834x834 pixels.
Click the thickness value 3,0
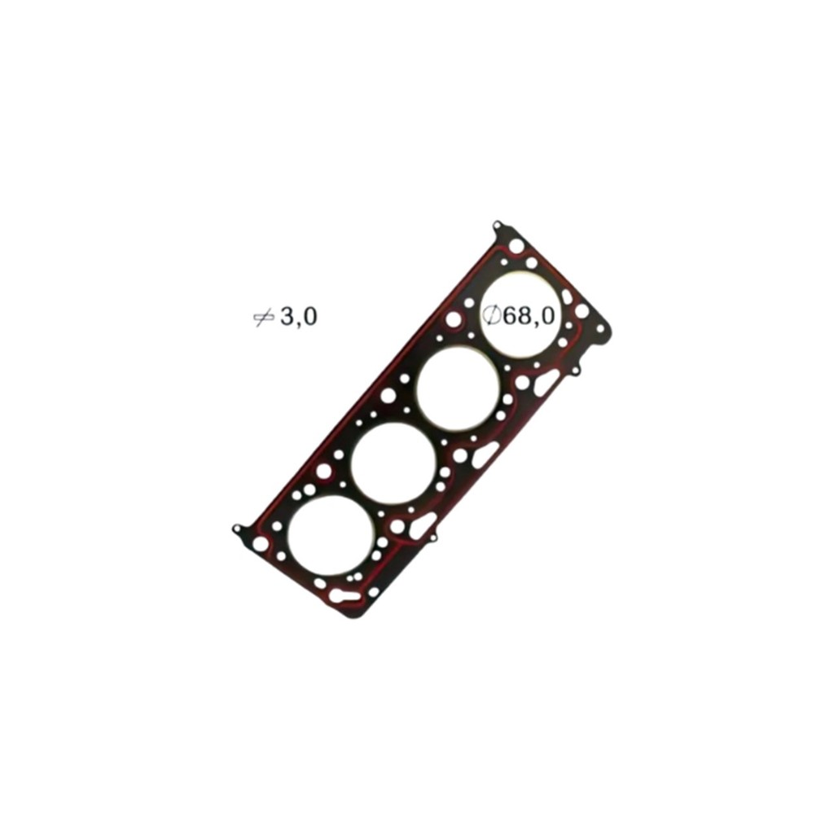(x=298, y=317)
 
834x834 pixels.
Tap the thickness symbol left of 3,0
(x=263, y=318)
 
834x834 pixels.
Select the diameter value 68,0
(x=529, y=316)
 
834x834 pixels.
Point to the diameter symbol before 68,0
(x=491, y=316)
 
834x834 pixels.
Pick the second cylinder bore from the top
(x=459, y=388)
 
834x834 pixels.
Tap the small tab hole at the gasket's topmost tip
(x=498, y=224)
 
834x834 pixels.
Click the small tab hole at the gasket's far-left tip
(x=235, y=528)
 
